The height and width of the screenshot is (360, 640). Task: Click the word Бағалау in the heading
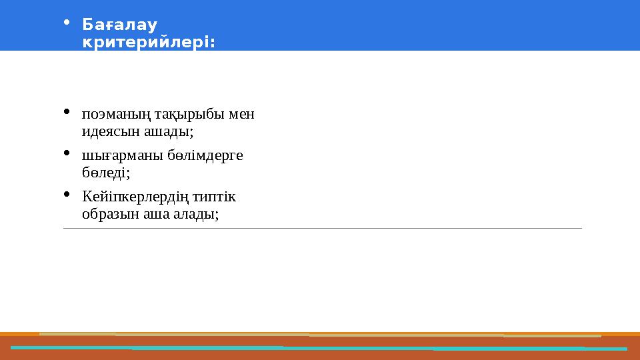click(x=119, y=26)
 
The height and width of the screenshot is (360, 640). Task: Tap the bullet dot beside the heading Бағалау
click(x=65, y=23)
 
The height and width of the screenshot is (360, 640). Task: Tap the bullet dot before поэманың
click(x=65, y=111)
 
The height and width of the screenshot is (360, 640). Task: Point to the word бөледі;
click(x=105, y=173)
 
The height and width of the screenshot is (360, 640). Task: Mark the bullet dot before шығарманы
click(x=65, y=153)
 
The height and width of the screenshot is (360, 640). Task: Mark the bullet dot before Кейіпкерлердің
click(x=65, y=194)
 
